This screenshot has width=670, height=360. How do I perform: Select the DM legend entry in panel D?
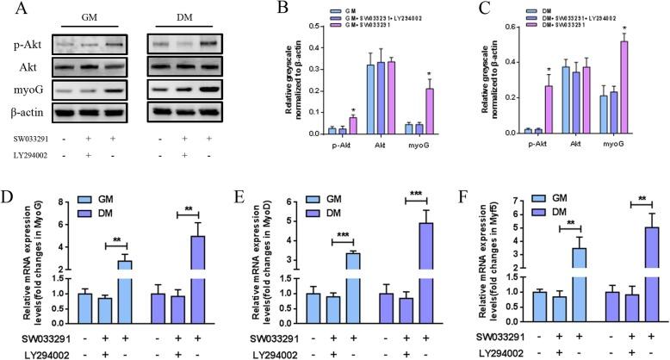tap(108, 214)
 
